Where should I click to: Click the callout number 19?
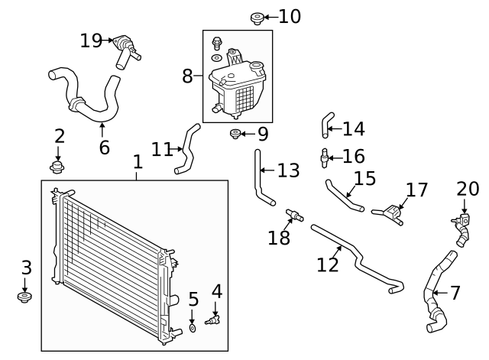[x=91, y=41]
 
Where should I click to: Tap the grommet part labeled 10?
[x=257, y=16]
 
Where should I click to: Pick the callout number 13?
[x=288, y=170]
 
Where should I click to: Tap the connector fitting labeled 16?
[x=325, y=157]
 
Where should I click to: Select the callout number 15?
[x=364, y=179]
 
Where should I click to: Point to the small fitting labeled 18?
[x=291, y=213]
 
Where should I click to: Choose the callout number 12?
[x=327, y=264]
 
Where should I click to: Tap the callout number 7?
[x=455, y=293]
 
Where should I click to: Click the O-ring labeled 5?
[x=193, y=328]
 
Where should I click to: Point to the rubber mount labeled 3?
[x=24, y=296]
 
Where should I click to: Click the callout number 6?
[x=104, y=147]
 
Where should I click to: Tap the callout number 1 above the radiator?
[x=138, y=162]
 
